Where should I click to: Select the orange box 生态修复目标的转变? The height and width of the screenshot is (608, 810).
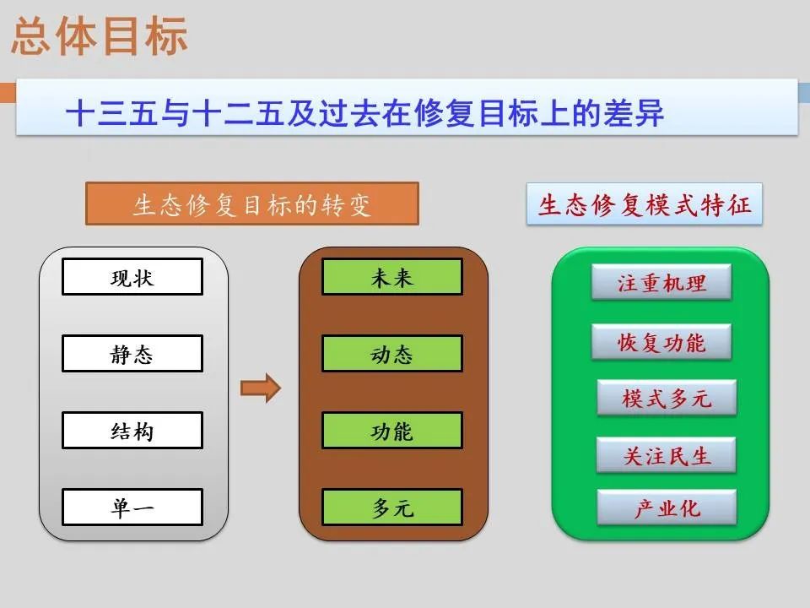pyautogui.click(x=252, y=204)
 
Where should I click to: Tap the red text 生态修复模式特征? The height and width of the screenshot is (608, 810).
pyautogui.click(x=644, y=204)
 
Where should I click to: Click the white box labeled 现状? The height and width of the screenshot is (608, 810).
pyautogui.click(x=132, y=277)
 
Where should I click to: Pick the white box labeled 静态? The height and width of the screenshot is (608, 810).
pyautogui.click(x=132, y=354)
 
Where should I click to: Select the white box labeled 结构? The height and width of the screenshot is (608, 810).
pyautogui.click(x=132, y=431)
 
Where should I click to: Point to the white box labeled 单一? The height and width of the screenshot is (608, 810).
pyautogui.click(x=132, y=508)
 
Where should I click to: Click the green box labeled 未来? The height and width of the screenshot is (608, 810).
pyautogui.click(x=392, y=277)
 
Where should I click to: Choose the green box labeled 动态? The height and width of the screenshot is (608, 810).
pyautogui.click(x=392, y=354)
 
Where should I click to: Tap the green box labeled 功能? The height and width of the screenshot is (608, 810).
pyautogui.click(x=392, y=431)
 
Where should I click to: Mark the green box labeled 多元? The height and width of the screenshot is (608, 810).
pyautogui.click(x=392, y=508)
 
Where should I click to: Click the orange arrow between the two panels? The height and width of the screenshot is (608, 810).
pyautogui.click(x=260, y=388)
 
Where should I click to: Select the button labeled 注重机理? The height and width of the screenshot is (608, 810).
pyautogui.click(x=661, y=282)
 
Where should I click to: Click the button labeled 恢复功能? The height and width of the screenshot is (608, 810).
pyautogui.click(x=661, y=342)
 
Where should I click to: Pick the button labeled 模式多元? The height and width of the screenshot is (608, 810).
pyautogui.click(x=667, y=398)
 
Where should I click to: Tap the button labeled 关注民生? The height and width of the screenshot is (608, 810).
pyautogui.click(x=667, y=455)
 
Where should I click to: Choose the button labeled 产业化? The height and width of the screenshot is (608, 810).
pyautogui.click(x=667, y=508)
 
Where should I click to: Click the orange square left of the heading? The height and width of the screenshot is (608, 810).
pyautogui.click(x=7, y=92)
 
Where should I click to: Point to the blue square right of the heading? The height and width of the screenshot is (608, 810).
pyautogui.click(x=804, y=92)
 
